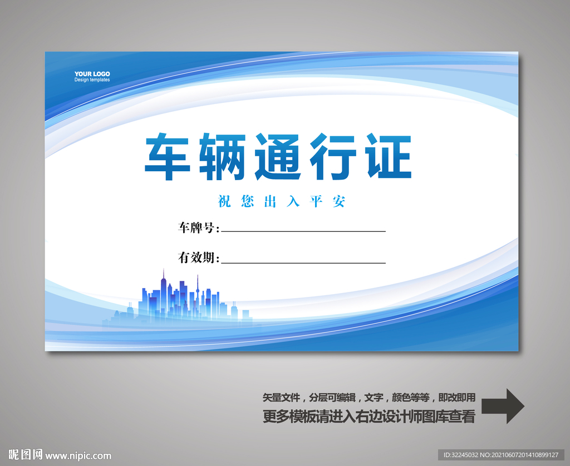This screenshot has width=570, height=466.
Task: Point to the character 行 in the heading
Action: [x=332, y=156]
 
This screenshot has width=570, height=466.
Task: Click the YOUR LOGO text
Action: [x=92, y=74]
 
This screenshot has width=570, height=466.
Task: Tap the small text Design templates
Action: [x=92, y=80]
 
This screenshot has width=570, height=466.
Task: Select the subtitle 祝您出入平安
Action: [x=282, y=201]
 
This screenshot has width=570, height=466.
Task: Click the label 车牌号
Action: [x=198, y=227]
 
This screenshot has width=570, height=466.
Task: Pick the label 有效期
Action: [x=198, y=258]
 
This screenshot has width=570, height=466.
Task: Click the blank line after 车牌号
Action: [x=303, y=230]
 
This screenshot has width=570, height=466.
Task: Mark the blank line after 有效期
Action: [x=303, y=261]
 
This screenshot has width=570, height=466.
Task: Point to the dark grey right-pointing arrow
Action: [x=502, y=406]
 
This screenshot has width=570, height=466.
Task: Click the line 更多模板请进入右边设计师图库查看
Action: [x=368, y=417]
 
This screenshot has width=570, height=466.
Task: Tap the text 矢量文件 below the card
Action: [x=281, y=398]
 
